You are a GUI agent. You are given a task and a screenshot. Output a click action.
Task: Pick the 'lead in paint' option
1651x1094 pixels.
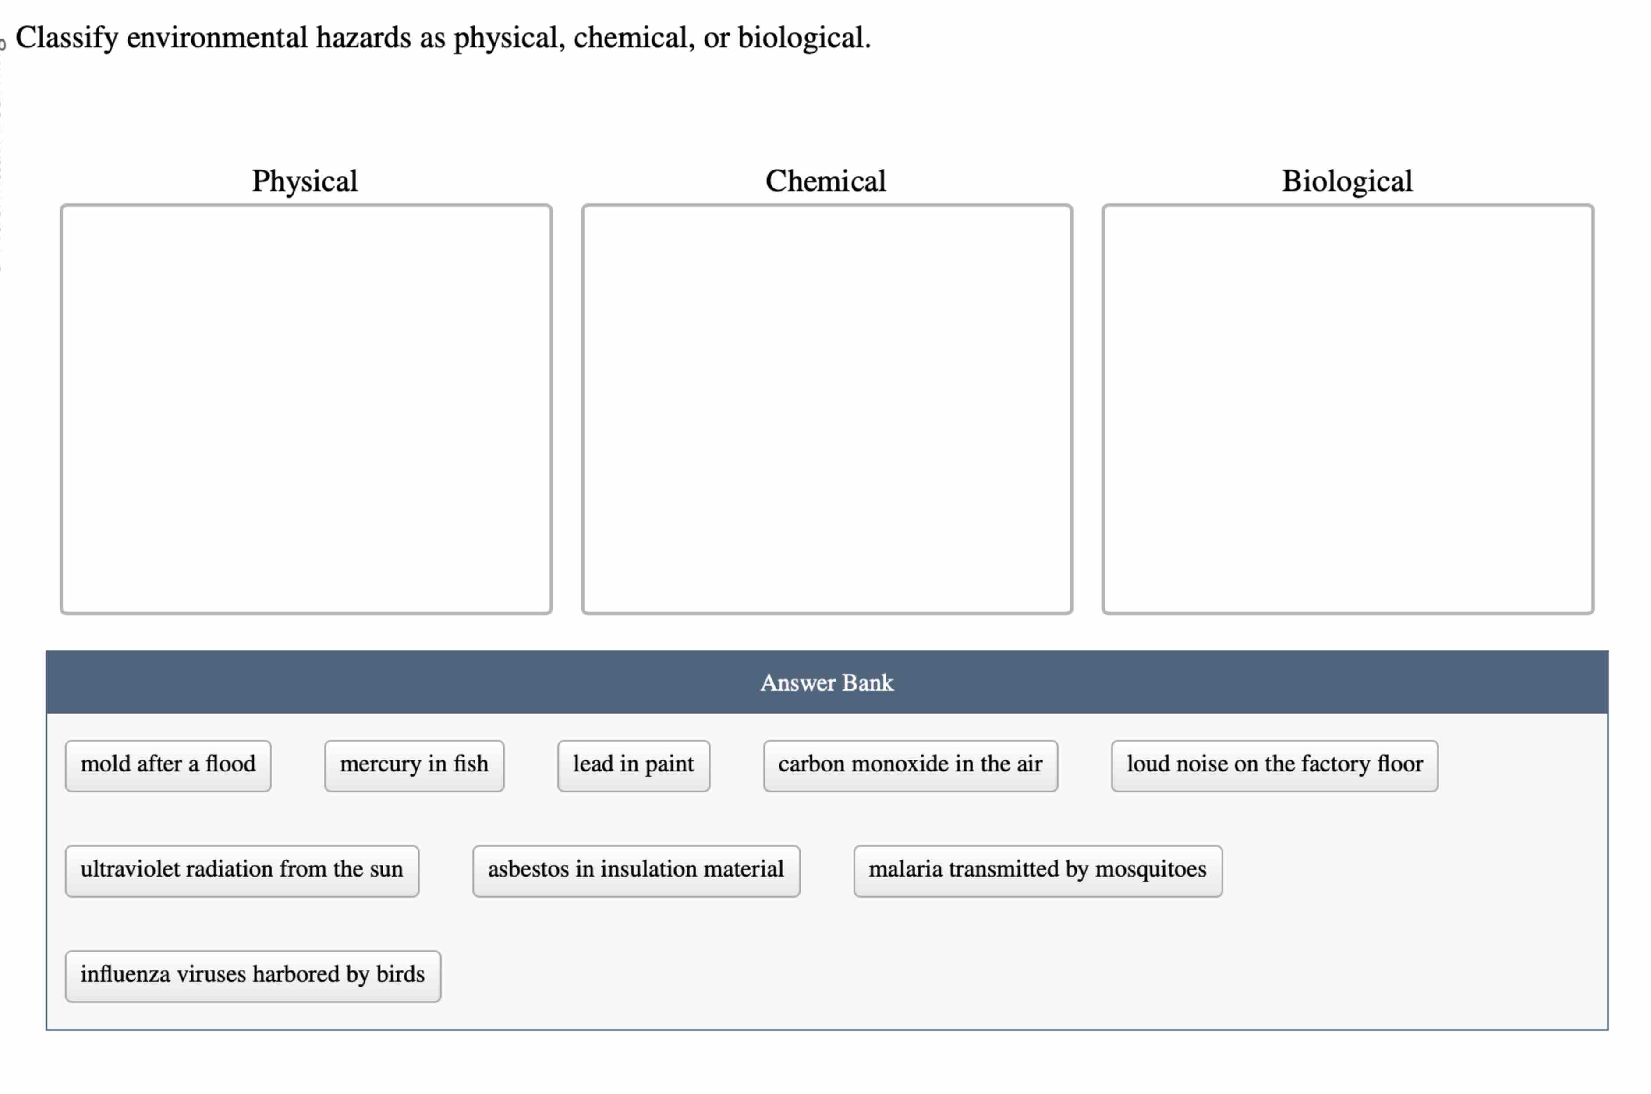coord(633,765)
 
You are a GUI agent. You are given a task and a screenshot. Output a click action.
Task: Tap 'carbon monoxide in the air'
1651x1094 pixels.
coord(910,765)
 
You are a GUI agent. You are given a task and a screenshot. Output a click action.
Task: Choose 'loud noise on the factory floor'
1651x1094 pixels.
coord(1274,765)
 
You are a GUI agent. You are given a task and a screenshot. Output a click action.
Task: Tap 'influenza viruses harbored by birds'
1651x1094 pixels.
coord(252,975)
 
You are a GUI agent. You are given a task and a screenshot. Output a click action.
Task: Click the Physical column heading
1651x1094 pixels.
coord(305,181)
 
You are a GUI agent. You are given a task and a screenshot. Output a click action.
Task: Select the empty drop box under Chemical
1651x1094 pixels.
coord(826,409)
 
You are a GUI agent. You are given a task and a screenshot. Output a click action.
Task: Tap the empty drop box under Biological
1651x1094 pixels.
coord(1347,409)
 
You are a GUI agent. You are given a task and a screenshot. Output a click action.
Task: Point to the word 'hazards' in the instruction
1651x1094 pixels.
coord(363,38)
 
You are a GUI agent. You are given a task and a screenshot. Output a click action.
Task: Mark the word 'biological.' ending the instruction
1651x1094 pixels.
coord(804,38)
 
